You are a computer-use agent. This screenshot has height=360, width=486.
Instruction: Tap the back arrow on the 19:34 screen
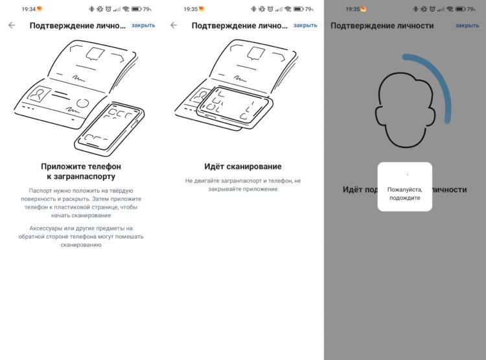[x=12, y=25]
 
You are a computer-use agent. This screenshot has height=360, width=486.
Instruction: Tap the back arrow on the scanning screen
[x=174, y=25]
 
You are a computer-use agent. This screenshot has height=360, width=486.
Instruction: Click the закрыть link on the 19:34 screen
[x=143, y=25]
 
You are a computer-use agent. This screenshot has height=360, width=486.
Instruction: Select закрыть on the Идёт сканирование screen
[x=305, y=25]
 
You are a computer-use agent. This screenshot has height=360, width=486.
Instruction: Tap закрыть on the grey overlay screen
[x=467, y=25]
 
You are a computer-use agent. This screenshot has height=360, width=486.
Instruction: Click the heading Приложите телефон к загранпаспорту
[x=81, y=171]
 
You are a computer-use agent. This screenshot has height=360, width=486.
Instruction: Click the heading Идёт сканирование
[x=243, y=167]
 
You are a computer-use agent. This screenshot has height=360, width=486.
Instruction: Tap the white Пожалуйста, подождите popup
[x=405, y=187]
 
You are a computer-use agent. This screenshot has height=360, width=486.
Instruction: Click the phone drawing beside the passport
[x=109, y=129]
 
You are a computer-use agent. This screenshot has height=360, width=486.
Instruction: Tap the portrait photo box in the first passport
[x=39, y=94]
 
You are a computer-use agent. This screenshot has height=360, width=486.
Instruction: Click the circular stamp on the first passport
[x=82, y=103]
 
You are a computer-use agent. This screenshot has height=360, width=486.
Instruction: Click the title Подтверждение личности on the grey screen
[x=382, y=25]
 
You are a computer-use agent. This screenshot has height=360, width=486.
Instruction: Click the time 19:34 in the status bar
[x=29, y=9]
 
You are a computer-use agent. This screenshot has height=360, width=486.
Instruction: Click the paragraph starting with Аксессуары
[x=81, y=237]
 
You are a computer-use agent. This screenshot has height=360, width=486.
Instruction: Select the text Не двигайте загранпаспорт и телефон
[x=238, y=180]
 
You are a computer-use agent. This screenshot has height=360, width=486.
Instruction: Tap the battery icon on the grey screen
[x=461, y=9]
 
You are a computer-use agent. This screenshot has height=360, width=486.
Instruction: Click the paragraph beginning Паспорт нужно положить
[x=81, y=203]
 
